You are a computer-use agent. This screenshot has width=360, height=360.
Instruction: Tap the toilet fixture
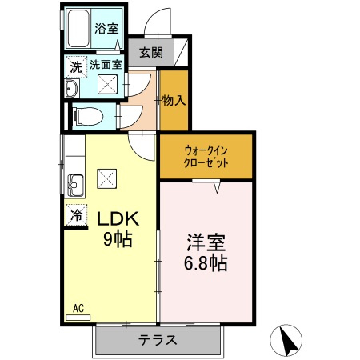(x=84, y=117)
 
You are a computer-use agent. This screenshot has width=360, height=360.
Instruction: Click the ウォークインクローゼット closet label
(x=206, y=155)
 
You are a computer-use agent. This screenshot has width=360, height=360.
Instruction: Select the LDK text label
(x=118, y=218)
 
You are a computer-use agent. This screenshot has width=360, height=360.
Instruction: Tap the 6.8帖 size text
(x=207, y=263)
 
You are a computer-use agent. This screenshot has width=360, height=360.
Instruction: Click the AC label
(x=78, y=307)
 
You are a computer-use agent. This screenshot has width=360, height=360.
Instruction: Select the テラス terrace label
(x=158, y=339)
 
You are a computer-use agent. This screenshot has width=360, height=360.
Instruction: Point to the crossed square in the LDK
(x=107, y=178)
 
